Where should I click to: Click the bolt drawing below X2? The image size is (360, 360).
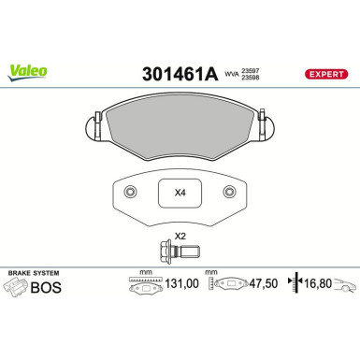[178, 252]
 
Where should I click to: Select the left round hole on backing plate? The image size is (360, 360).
[131, 192]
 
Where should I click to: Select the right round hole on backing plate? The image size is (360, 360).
[229, 192]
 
